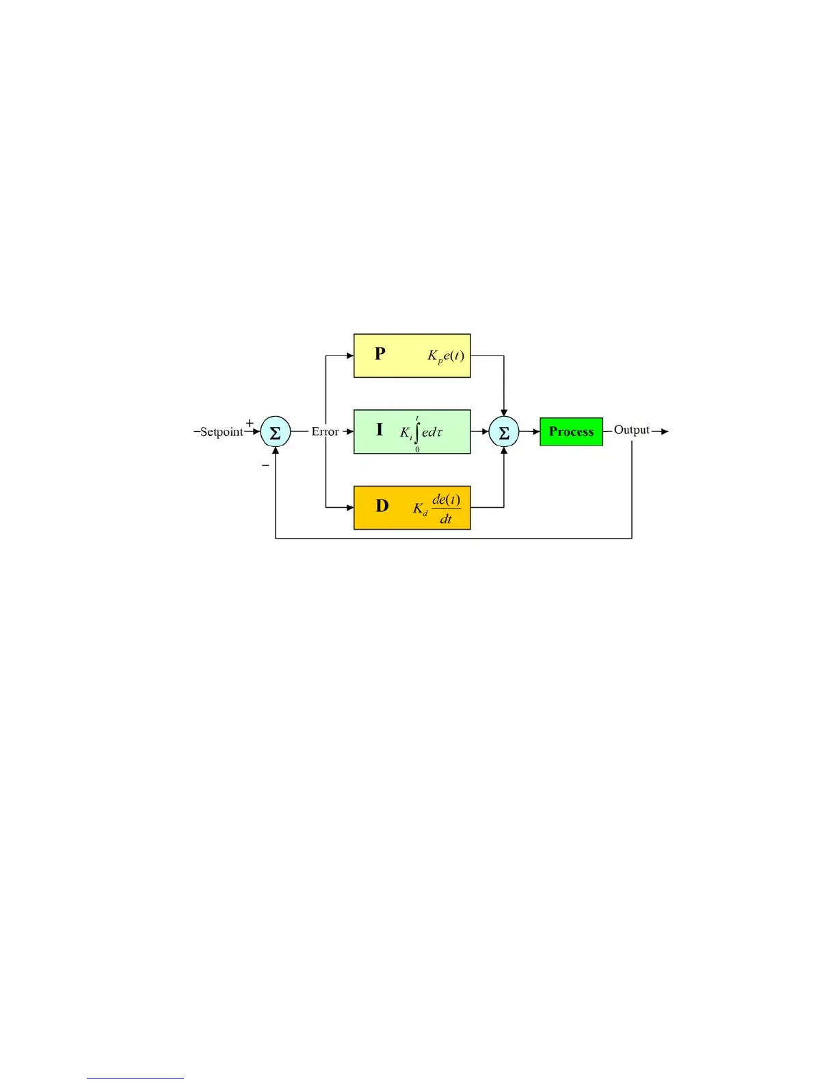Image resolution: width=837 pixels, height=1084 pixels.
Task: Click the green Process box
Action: coord(571,432)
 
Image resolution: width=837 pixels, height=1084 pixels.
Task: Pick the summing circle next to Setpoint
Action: coord(276,433)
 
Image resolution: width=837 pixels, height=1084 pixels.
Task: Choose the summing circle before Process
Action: coord(504,433)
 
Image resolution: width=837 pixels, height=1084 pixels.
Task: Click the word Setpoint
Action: coord(221,432)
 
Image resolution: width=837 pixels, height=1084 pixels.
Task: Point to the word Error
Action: coord(325,432)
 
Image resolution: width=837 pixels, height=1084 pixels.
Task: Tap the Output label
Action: coord(631,430)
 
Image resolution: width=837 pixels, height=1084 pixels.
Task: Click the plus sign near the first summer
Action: coord(250,423)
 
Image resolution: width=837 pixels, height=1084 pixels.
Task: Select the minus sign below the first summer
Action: coord(265,465)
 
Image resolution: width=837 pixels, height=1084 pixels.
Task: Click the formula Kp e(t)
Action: coord(446,356)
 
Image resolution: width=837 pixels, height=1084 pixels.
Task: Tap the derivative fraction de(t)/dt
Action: coord(446,509)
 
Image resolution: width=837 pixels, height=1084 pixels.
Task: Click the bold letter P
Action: coord(380,354)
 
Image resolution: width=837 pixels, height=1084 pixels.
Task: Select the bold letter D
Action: coord(382,506)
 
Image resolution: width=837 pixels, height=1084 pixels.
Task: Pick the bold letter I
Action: coord(380,430)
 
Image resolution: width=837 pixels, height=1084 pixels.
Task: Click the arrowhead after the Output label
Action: coord(665,431)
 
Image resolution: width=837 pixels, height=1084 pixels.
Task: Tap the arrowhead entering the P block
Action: coord(349,356)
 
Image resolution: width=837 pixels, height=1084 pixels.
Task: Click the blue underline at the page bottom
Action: coord(135,1078)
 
